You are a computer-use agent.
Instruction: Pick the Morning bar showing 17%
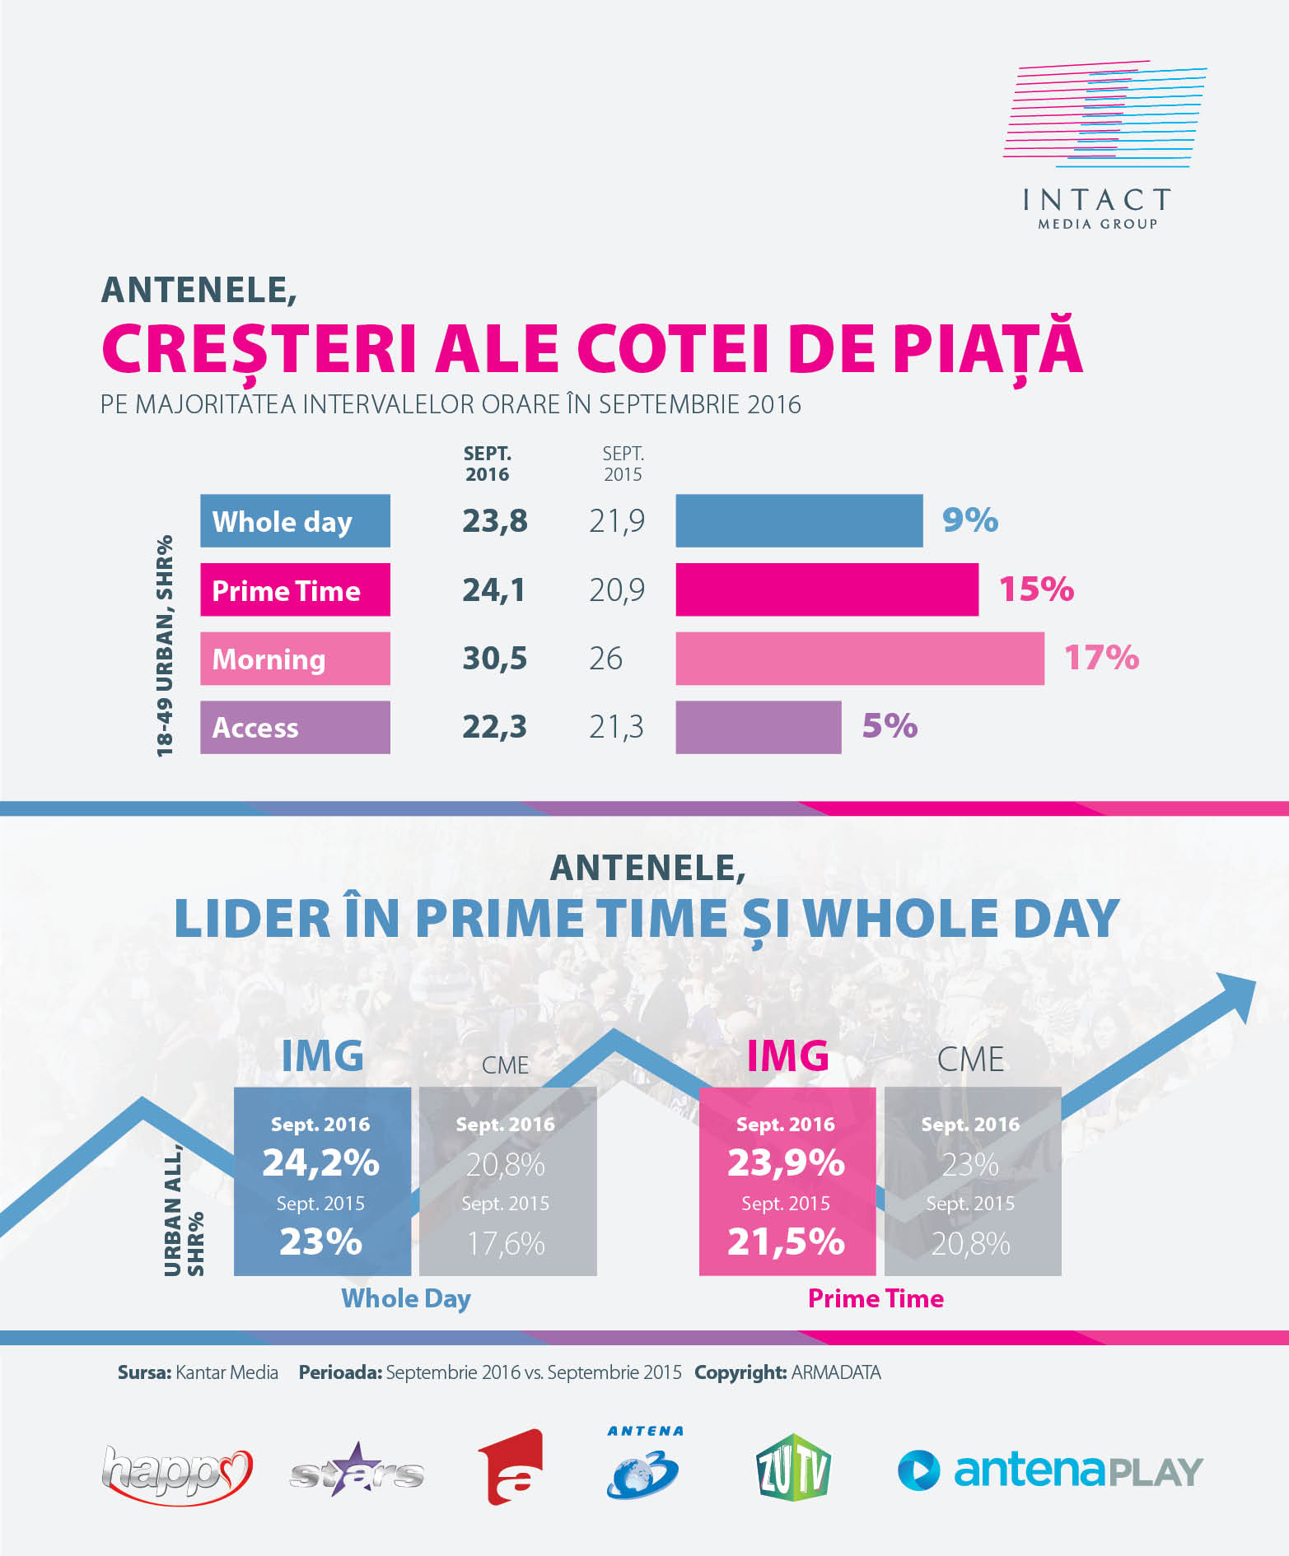click(x=859, y=659)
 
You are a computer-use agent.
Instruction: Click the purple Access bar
click(x=758, y=727)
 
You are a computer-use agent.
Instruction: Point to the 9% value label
click(x=969, y=520)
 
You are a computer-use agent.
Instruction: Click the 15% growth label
click(x=1035, y=589)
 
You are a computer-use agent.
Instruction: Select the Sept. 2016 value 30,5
click(x=494, y=659)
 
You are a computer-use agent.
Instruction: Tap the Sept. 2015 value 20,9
click(x=616, y=590)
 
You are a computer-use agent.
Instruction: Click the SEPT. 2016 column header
click(x=487, y=464)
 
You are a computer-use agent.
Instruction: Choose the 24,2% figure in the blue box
click(x=320, y=1162)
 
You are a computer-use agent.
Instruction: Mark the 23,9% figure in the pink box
click(x=786, y=1162)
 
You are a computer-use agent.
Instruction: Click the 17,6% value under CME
click(x=506, y=1243)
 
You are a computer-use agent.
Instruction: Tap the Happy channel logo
click(x=176, y=1474)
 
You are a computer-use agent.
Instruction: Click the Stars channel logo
click(x=357, y=1472)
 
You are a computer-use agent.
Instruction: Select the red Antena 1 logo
click(x=511, y=1468)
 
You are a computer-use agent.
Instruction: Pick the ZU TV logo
click(x=793, y=1468)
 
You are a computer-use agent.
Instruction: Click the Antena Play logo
click(x=1050, y=1470)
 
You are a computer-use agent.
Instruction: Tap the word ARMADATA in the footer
click(x=835, y=1372)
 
